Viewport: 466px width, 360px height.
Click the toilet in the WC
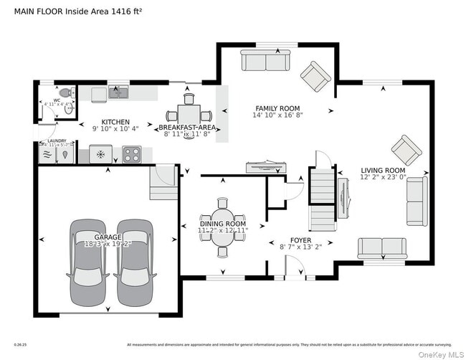[x=66, y=93]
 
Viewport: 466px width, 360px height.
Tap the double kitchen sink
[x=118, y=92]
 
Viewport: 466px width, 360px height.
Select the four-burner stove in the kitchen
[x=131, y=153]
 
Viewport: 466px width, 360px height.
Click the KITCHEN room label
[x=115, y=122]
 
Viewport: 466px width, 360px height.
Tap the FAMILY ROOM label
[x=277, y=108]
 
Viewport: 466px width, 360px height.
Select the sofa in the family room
[x=264, y=62]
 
